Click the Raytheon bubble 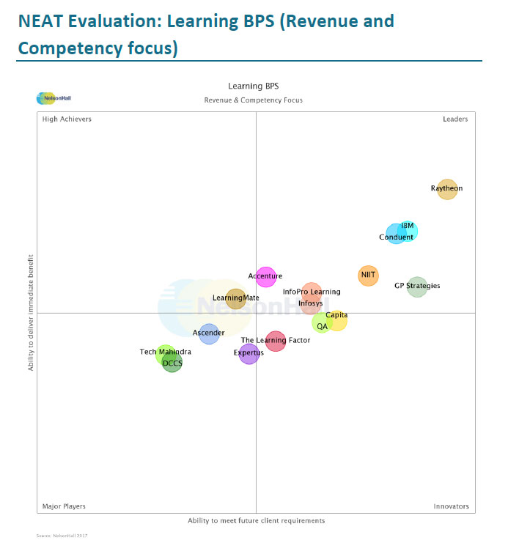click(x=446, y=189)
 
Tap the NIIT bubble click(x=368, y=276)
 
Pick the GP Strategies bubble click(x=417, y=287)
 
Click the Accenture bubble click(x=265, y=277)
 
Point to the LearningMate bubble click(x=235, y=298)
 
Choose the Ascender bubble click(x=209, y=333)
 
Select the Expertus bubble click(x=249, y=354)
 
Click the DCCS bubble click(x=172, y=363)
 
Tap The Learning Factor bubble click(x=276, y=341)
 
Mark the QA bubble click(x=321, y=323)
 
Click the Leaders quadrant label click(x=455, y=119)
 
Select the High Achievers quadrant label click(x=67, y=119)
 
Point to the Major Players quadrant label click(x=64, y=506)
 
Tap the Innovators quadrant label click(x=451, y=506)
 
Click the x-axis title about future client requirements click(x=256, y=521)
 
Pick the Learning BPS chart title click(x=253, y=86)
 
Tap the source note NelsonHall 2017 click(x=62, y=536)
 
